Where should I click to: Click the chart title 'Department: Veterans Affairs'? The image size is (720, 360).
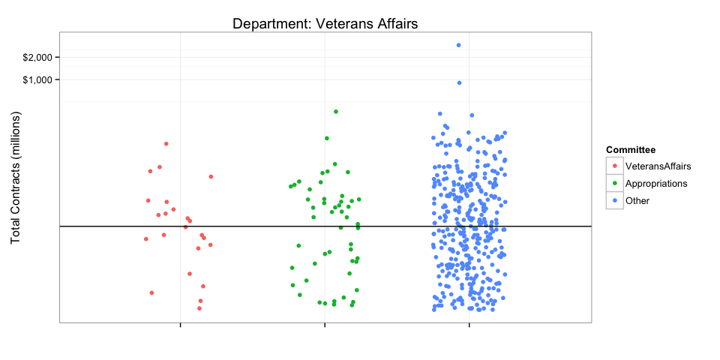325,24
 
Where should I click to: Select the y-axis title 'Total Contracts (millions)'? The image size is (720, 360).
16,177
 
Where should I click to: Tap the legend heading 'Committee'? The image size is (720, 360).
631,150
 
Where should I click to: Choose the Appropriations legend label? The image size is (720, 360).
656,183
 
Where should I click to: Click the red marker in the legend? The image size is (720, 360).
615,166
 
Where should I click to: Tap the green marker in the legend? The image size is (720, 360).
615,183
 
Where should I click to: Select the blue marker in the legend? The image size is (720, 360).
615,200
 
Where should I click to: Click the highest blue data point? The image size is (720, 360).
458,45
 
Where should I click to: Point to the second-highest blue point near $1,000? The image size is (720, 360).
459,82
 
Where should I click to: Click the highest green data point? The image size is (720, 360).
336,112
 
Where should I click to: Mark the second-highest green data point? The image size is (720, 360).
327,138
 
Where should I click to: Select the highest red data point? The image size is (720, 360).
166,143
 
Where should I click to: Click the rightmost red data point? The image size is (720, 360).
211,176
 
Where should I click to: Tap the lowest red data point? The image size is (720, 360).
199,308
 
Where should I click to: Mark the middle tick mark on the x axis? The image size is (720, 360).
325,325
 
